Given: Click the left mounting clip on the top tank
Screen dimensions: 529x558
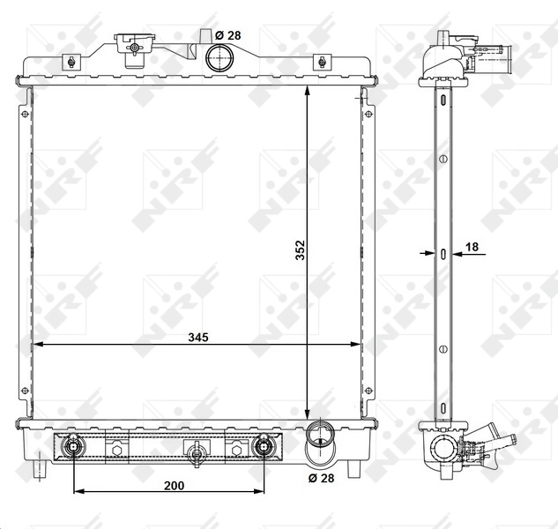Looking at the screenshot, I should point(70,62).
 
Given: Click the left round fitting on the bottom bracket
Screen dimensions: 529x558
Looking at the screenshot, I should point(73,447).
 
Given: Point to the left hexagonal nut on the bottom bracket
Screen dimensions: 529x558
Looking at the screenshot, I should point(116,450).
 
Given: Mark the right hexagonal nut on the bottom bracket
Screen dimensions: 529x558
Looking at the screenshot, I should point(235,450).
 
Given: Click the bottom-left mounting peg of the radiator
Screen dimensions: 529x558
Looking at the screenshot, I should point(39,468).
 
